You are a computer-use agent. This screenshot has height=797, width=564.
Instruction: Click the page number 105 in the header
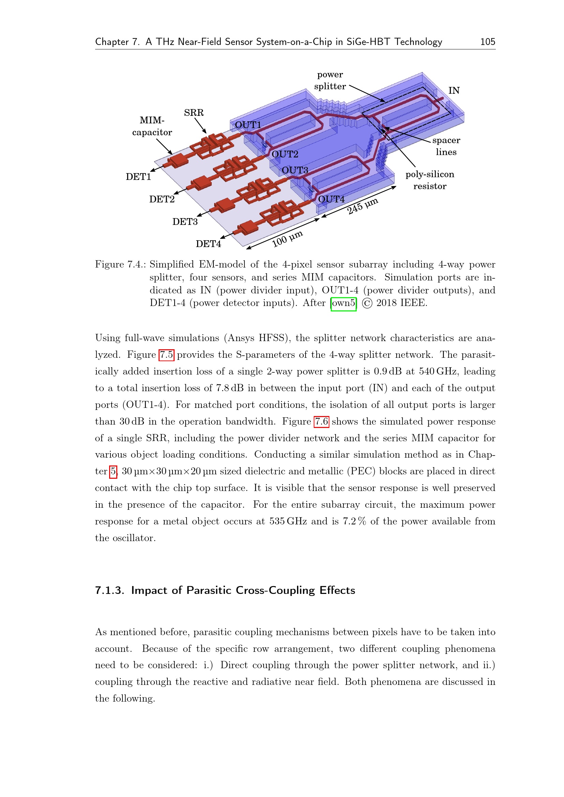point(487,42)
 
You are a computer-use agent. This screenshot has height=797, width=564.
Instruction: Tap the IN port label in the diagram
point(454,91)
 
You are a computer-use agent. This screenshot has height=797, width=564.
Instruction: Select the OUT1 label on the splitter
point(248,125)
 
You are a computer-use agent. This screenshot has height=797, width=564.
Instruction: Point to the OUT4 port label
point(331,199)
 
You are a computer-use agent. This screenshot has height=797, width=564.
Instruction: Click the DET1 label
point(138,177)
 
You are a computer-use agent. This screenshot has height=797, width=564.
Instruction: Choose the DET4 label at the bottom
point(208,244)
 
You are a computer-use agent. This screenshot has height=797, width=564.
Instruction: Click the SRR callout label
point(194,113)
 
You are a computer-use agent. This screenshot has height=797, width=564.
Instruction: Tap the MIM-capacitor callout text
point(152,126)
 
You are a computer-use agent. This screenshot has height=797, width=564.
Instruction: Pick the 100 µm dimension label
point(287,239)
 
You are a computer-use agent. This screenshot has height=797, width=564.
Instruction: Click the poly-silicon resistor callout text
point(430,180)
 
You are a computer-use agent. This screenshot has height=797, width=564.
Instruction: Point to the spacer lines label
point(446,146)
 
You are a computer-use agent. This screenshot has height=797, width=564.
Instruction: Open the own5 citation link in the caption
point(343,303)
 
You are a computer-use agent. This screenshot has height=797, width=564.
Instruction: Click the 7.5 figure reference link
point(166,355)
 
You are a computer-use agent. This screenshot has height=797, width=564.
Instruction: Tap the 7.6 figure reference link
point(321,422)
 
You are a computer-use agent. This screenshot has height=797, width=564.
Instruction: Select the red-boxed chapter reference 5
point(113,471)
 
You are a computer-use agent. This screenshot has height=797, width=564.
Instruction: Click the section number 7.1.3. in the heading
point(109,591)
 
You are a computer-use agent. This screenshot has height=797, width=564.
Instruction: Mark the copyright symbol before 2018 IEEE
point(367,303)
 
